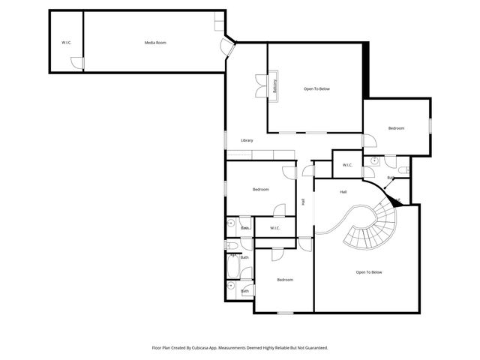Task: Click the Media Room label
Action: tap(155, 43)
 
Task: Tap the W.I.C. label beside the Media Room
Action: tap(66, 43)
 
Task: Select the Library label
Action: tap(247, 140)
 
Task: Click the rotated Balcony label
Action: tap(275, 86)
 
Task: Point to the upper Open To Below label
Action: tap(316, 89)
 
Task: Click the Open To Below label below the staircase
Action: tap(369, 272)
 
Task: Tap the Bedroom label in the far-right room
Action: tap(396, 128)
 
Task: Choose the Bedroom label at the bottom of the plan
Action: tap(285, 280)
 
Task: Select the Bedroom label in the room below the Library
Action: tap(260, 190)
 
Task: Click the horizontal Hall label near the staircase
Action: tap(343, 192)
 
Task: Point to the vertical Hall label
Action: tap(303, 201)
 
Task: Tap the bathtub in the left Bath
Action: tap(232, 266)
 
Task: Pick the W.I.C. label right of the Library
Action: tap(347, 165)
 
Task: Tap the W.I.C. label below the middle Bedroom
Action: tap(274, 228)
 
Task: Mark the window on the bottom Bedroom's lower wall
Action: tap(285, 312)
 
